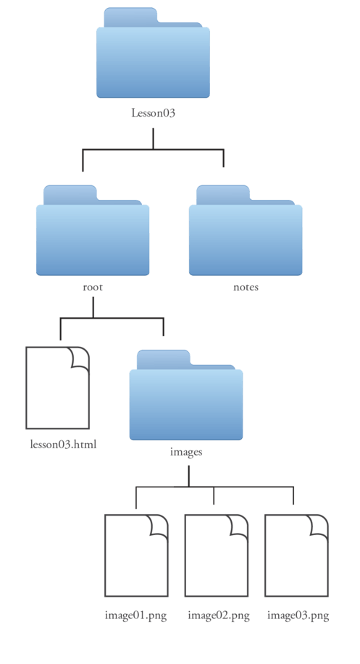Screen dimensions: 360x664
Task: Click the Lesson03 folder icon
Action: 153,53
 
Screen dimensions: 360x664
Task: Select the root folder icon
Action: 93,230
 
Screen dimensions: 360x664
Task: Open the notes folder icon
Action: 246,230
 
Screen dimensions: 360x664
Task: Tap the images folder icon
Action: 186,395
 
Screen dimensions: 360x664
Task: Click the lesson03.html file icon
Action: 58,388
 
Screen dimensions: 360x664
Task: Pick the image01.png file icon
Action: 136,555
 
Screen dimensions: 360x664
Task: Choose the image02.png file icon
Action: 217,555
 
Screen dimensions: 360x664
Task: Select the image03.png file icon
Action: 296,555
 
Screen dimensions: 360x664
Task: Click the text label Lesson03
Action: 153,113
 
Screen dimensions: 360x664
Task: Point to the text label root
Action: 93,287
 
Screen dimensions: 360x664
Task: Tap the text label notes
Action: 246,287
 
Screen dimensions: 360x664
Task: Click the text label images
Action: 186,452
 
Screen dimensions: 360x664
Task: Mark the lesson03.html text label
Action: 64,444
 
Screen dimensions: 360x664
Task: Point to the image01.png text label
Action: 136,615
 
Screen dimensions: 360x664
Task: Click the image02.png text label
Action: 219,615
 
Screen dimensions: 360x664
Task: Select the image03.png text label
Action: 298,615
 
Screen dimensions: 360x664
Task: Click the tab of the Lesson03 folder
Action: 130,17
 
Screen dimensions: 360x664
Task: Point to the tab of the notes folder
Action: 223,195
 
